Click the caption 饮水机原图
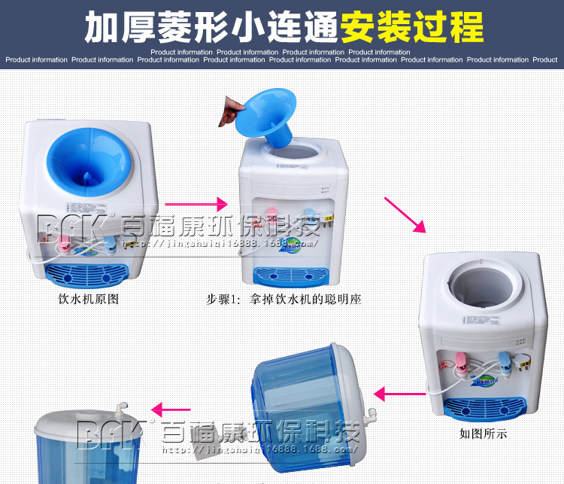tap(89, 299)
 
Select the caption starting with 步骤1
tap(284, 299)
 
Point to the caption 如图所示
tap(484, 433)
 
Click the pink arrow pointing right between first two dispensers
tap(196, 203)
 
